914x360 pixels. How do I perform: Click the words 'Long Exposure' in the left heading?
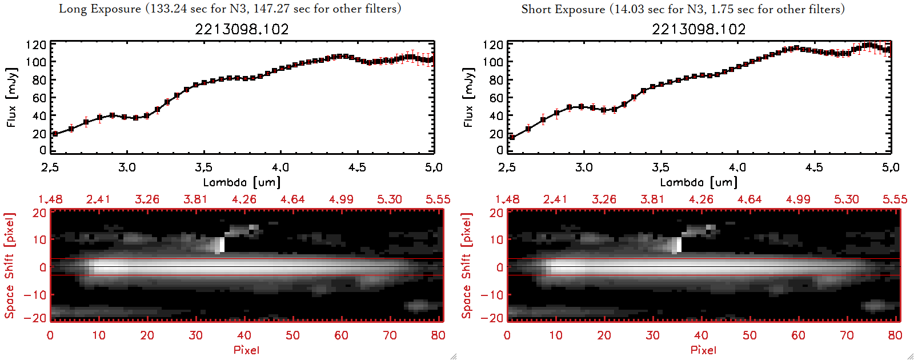[100, 9]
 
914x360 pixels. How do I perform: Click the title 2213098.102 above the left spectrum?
[242, 29]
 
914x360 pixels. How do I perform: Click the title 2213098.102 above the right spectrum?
[699, 29]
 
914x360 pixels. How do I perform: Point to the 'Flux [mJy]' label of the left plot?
[12, 97]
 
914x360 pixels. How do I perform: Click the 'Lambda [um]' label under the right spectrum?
[699, 182]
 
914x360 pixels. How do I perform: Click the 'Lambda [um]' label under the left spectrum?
[242, 182]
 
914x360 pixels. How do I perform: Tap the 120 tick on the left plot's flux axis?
[36, 45]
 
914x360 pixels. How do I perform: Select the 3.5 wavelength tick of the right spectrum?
[660, 167]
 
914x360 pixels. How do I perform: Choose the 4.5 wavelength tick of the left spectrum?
[357, 167]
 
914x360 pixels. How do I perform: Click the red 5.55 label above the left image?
[438, 199]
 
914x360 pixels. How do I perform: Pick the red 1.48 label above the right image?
[507, 199]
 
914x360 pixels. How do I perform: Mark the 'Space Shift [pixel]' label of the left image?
[10, 266]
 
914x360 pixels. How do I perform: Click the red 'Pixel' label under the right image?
[703, 350]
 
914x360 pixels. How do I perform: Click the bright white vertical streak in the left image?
[222, 245]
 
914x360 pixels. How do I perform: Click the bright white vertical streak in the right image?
[679, 245]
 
